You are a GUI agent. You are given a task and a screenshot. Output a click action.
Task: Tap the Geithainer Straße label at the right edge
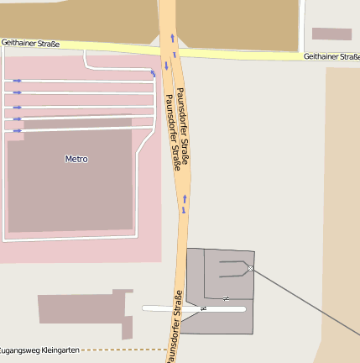pyautogui.click(x=331, y=56)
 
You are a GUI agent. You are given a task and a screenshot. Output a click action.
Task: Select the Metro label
pyautogui.click(x=76, y=159)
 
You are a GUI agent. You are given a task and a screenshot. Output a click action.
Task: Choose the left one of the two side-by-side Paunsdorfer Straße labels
pyautogui.click(x=171, y=132)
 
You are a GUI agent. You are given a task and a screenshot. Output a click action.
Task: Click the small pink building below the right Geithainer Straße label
pyautogui.click(x=331, y=34)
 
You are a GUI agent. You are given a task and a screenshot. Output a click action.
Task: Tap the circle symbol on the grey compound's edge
pyautogui.click(x=250, y=268)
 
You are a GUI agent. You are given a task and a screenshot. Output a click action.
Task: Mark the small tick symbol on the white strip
pyautogui.click(x=203, y=309)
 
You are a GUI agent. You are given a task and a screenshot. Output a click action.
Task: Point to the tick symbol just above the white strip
pyautogui.click(x=226, y=298)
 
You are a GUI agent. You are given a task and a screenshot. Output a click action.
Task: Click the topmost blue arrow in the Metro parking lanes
pyautogui.click(x=17, y=81)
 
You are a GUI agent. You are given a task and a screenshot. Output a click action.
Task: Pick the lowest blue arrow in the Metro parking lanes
pyautogui.click(x=17, y=130)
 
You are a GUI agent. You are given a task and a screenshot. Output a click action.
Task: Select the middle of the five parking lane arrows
pyautogui.click(x=17, y=108)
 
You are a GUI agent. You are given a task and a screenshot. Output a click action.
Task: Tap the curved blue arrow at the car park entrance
pyautogui.click(x=153, y=73)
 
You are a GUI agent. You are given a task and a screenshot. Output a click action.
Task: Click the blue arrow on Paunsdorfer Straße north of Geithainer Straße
pyautogui.click(x=173, y=37)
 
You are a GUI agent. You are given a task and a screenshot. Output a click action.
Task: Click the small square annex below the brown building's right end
pyautogui.click(x=128, y=327)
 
